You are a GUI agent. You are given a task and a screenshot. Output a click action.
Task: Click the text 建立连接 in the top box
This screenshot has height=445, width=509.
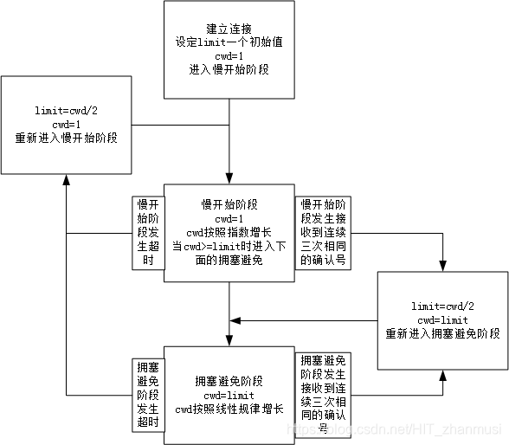229,27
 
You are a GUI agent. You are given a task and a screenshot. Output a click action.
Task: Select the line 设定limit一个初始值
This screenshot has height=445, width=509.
229,41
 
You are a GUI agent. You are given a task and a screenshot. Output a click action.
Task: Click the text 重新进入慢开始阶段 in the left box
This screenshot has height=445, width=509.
66,139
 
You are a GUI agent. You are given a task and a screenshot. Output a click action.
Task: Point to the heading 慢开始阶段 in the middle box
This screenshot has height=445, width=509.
229,204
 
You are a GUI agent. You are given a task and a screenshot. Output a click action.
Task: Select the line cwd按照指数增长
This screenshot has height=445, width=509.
229,232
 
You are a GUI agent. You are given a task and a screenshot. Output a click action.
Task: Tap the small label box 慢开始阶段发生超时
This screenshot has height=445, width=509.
146,231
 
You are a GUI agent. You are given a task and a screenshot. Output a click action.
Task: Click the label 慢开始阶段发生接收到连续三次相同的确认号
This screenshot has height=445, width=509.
324,231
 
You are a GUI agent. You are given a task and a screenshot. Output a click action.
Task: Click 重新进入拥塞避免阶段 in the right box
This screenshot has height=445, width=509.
442,333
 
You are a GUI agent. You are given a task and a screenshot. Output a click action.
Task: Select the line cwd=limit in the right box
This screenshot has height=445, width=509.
442,319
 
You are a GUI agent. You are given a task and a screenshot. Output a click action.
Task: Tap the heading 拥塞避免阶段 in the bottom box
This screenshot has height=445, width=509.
229,381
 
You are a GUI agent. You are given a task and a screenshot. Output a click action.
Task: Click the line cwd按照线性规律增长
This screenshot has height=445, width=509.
229,409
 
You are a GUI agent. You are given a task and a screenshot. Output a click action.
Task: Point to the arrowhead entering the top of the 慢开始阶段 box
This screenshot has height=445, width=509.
229,177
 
